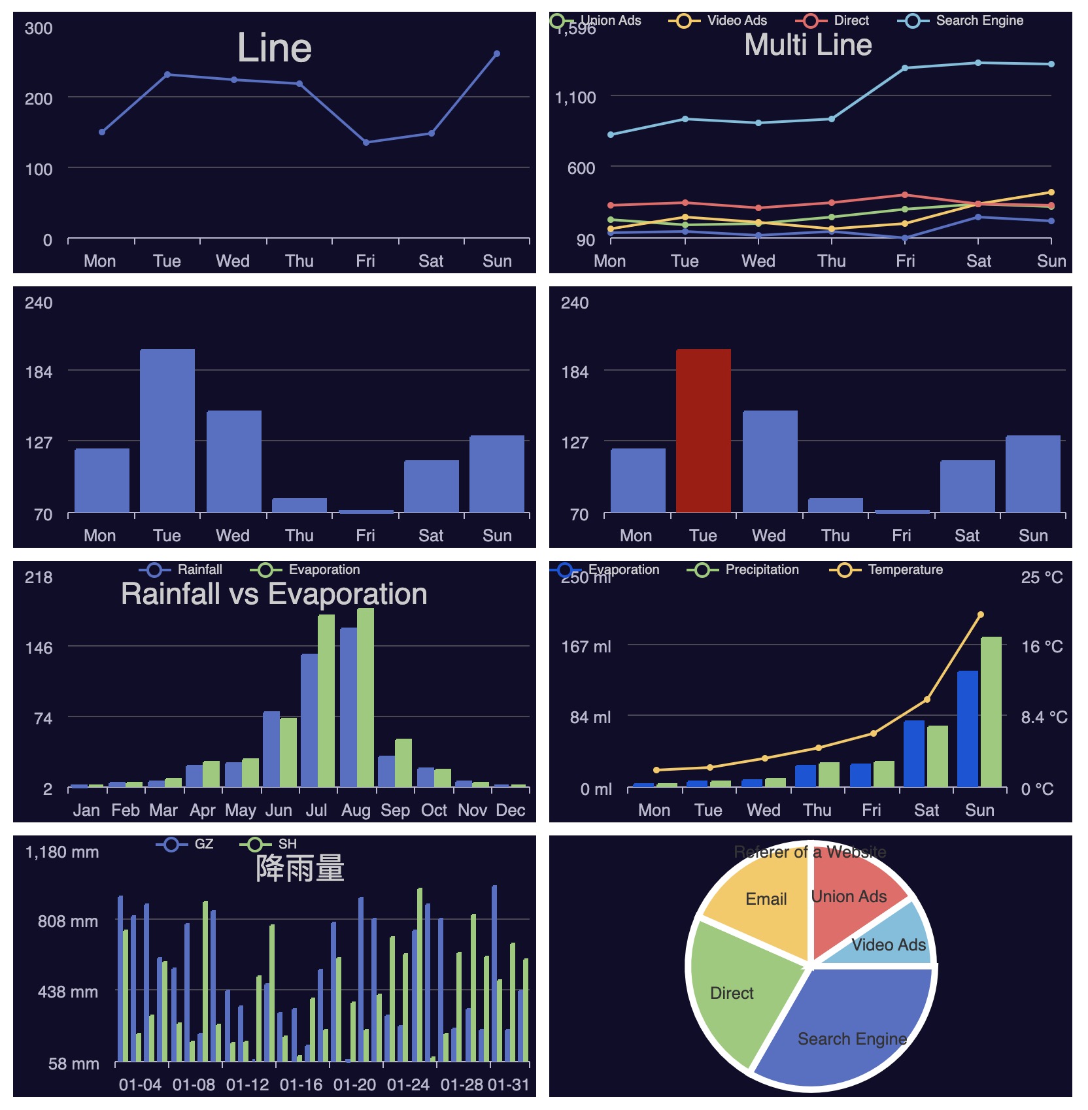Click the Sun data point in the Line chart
pyautogui.click(x=497, y=54)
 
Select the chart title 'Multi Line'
pyautogui.click(x=808, y=45)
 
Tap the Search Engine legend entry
pyautogui.click(x=961, y=21)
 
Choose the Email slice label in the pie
pyautogui.click(x=766, y=899)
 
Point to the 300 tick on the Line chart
pyautogui.click(x=39, y=28)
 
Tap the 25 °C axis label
pyautogui.click(x=1042, y=577)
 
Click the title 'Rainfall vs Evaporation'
pyautogui.click(x=274, y=594)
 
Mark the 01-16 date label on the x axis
pyautogui.click(x=301, y=1085)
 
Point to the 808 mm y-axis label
pyautogui.click(x=67, y=921)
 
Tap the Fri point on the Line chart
pyautogui.click(x=366, y=143)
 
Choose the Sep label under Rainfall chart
pyautogui.click(x=395, y=810)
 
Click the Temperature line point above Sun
pyautogui.click(x=980, y=614)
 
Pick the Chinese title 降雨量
pyautogui.click(x=300, y=868)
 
